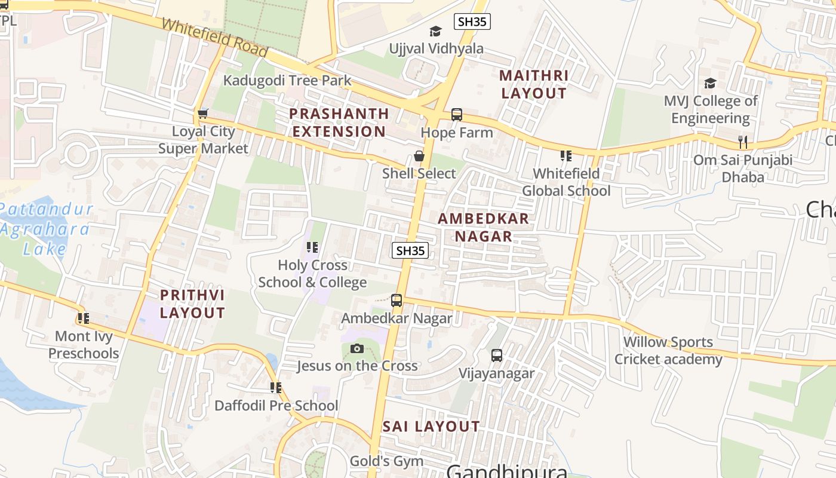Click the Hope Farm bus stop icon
pyautogui.click(x=457, y=114)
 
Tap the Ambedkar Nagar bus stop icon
pyautogui.click(x=397, y=301)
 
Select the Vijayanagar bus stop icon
pyautogui.click(x=497, y=356)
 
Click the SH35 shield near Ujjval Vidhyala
pyautogui.click(x=472, y=22)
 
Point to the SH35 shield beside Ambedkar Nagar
pyautogui.click(x=410, y=250)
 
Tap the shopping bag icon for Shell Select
pyautogui.click(x=419, y=156)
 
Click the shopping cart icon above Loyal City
pyautogui.click(x=202, y=114)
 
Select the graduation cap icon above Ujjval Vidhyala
pyautogui.click(x=436, y=31)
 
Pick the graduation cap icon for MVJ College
pyautogui.click(x=710, y=83)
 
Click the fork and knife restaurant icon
pyautogui.click(x=742, y=142)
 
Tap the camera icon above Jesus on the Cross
pyautogui.click(x=357, y=348)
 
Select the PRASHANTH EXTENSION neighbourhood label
pyautogui.click(x=339, y=122)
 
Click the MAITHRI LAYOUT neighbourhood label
pyautogui.click(x=534, y=84)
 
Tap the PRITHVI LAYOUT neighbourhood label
pyautogui.click(x=192, y=304)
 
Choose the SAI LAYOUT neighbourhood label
pyautogui.click(x=431, y=426)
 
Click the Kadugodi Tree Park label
pyautogui.click(x=287, y=80)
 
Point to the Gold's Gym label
pyautogui.click(x=386, y=461)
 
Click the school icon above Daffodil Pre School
pyautogui.click(x=276, y=388)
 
